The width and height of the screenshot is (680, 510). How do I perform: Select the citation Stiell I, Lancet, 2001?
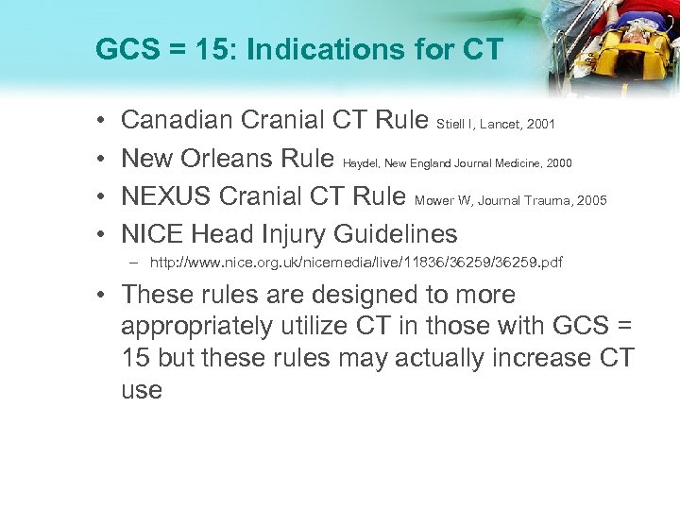(x=495, y=124)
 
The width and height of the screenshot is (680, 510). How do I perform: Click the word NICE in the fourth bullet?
(x=153, y=233)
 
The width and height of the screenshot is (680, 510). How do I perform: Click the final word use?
(x=142, y=390)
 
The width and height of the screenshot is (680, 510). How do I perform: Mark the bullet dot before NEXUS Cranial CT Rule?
(x=101, y=196)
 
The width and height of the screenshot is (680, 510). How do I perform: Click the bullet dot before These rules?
(x=101, y=296)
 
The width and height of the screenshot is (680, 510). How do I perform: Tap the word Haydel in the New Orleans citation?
(x=361, y=162)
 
